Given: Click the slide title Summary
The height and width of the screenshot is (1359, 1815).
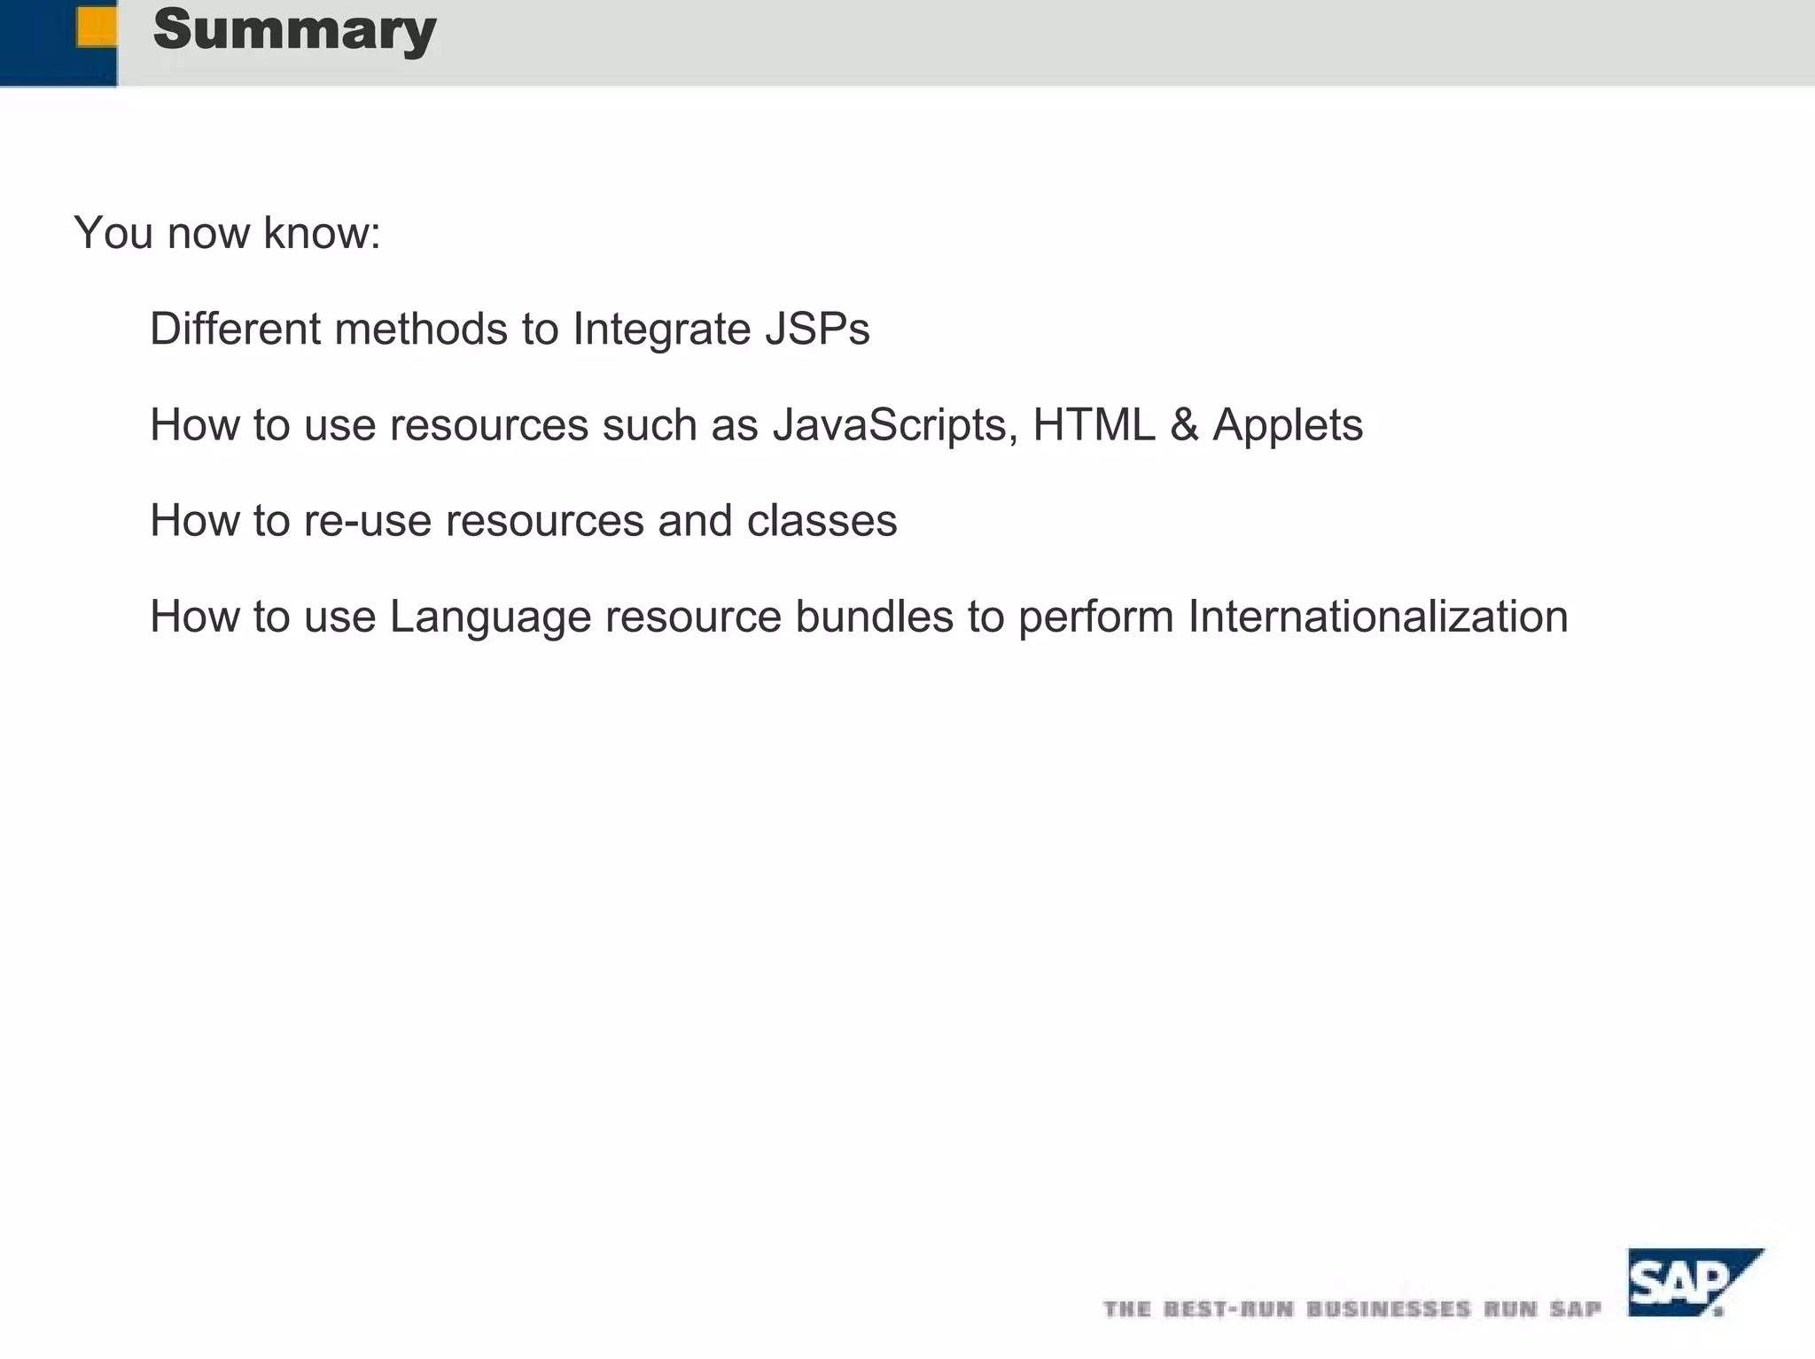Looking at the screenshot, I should click(294, 30).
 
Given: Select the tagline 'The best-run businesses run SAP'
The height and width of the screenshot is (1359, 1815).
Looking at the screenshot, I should click(1352, 1309).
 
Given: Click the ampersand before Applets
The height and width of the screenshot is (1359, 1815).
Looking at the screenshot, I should click(1184, 424).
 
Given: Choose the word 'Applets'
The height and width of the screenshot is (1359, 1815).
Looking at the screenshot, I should click(1287, 425).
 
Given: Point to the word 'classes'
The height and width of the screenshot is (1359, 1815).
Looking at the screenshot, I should click(822, 521).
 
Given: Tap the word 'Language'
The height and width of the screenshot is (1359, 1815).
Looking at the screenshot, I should click(490, 617).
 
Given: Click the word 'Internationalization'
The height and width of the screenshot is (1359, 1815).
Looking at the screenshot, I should click(1378, 617).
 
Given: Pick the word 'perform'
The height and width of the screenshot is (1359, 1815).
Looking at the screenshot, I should click(1096, 617).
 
